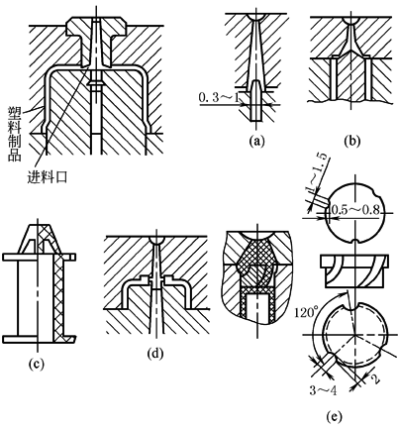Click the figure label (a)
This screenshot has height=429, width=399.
pos(256,141)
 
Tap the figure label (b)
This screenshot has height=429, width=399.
pos(351,141)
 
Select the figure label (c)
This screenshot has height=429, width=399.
pos(37,364)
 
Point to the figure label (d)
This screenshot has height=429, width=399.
pos(155,353)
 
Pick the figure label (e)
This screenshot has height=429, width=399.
pos(334,416)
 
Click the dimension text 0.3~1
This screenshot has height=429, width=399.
pos(220,98)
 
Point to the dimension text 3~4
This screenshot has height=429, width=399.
pos(323,390)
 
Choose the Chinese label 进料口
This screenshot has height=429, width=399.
pos(48,177)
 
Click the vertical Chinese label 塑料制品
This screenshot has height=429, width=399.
pos(14,135)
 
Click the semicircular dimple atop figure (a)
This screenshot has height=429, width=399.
pos(256,16)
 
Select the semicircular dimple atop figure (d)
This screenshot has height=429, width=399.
pos(155,240)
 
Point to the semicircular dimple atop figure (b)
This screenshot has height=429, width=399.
pos(351,20)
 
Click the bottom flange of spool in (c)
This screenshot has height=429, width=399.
pos(39,340)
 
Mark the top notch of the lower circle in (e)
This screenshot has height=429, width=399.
pos(353,307)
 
